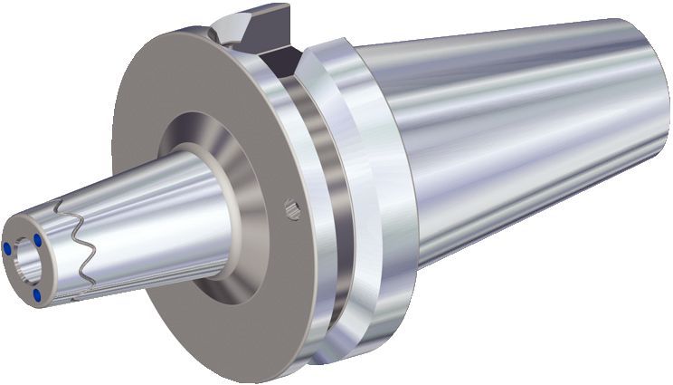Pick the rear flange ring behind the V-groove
coord(362,181)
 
